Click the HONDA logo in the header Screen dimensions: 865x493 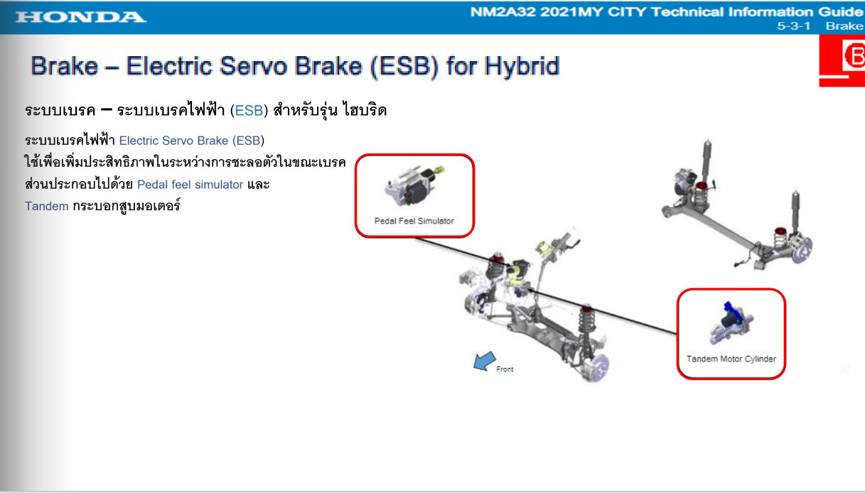(x=81, y=17)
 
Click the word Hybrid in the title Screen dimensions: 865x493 (x=522, y=66)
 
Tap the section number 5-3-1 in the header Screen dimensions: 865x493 (x=793, y=26)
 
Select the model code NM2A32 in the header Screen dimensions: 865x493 (x=503, y=11)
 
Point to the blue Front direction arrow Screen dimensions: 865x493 (x=484, y=361)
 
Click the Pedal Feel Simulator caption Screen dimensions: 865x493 (x=414, y=221)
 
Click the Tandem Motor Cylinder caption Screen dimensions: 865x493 (x=731, y=359)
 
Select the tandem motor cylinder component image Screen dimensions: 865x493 (x=731, y=323)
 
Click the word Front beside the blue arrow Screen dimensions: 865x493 (x=505, y=369)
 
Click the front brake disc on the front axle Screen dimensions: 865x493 (x=596, y=368)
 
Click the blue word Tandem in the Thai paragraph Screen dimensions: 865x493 (x=47, y=206)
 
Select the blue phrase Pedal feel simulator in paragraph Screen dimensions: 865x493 (x=190, y=185)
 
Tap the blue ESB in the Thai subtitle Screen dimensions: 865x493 (x=249, y=110)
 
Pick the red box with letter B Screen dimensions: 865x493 (x=842, y=60)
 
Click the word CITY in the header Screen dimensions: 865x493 (x=626, y=11)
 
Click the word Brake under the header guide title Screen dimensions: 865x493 (x=844, y=26)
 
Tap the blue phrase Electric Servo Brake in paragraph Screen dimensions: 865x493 (x=173, y=141)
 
